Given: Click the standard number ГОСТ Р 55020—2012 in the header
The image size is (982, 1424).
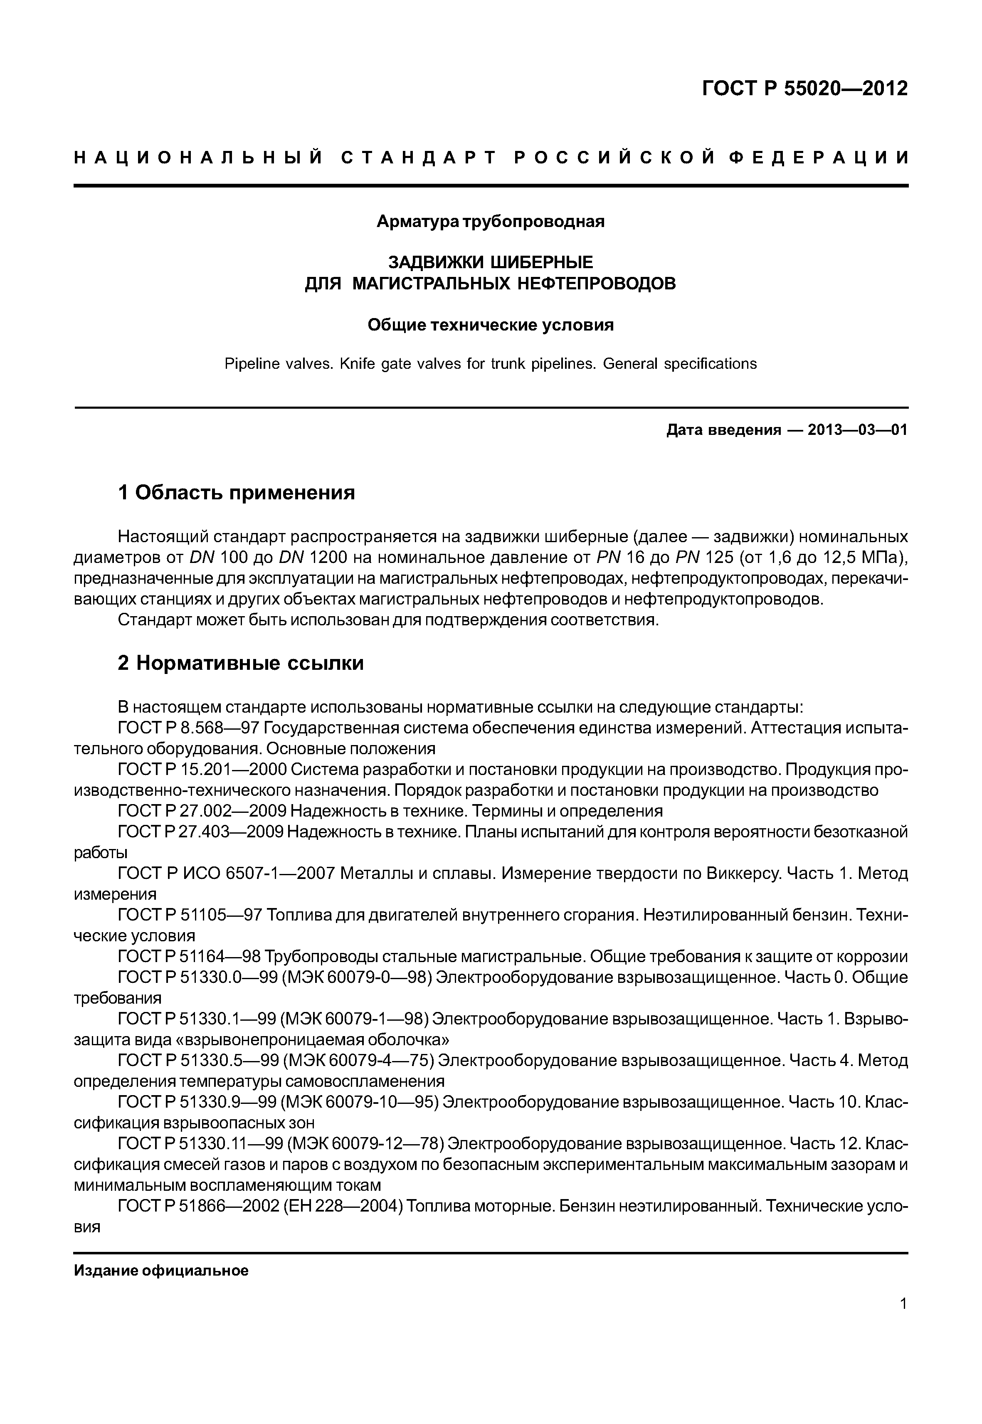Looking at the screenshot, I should tap(805, 89).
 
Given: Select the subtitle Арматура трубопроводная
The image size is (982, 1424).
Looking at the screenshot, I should tap(491, 222).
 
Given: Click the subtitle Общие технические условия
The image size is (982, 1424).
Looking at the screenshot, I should tap(491, 325).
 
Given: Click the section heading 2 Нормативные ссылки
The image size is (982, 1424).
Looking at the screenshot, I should tap(241, 663).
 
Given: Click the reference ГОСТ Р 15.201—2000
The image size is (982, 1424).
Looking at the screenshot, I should tap(201, 770).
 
